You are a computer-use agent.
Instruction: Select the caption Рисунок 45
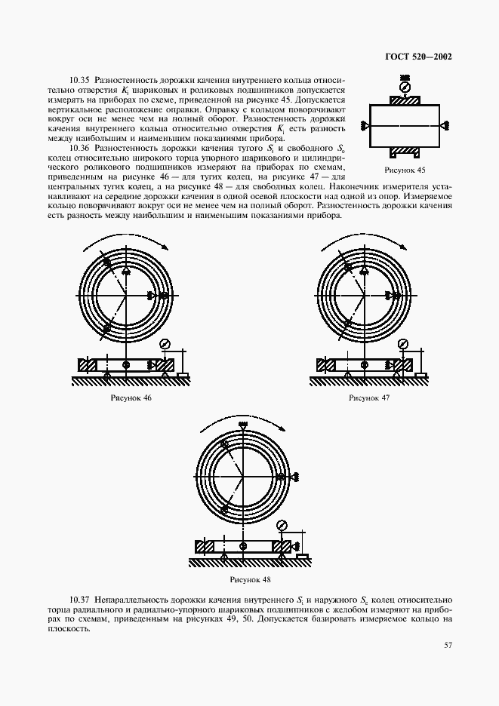(x=405, y=170)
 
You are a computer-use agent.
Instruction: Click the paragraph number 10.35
(x=79, y=78)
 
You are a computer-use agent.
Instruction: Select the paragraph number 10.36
(x=79, y=148)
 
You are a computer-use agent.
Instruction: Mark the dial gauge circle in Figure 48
(x=282, y=525)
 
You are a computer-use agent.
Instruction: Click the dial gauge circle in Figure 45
(x=405, y=87)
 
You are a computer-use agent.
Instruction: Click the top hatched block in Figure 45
(x=405, y=100)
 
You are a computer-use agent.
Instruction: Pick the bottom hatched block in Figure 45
(x=405, y=156)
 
